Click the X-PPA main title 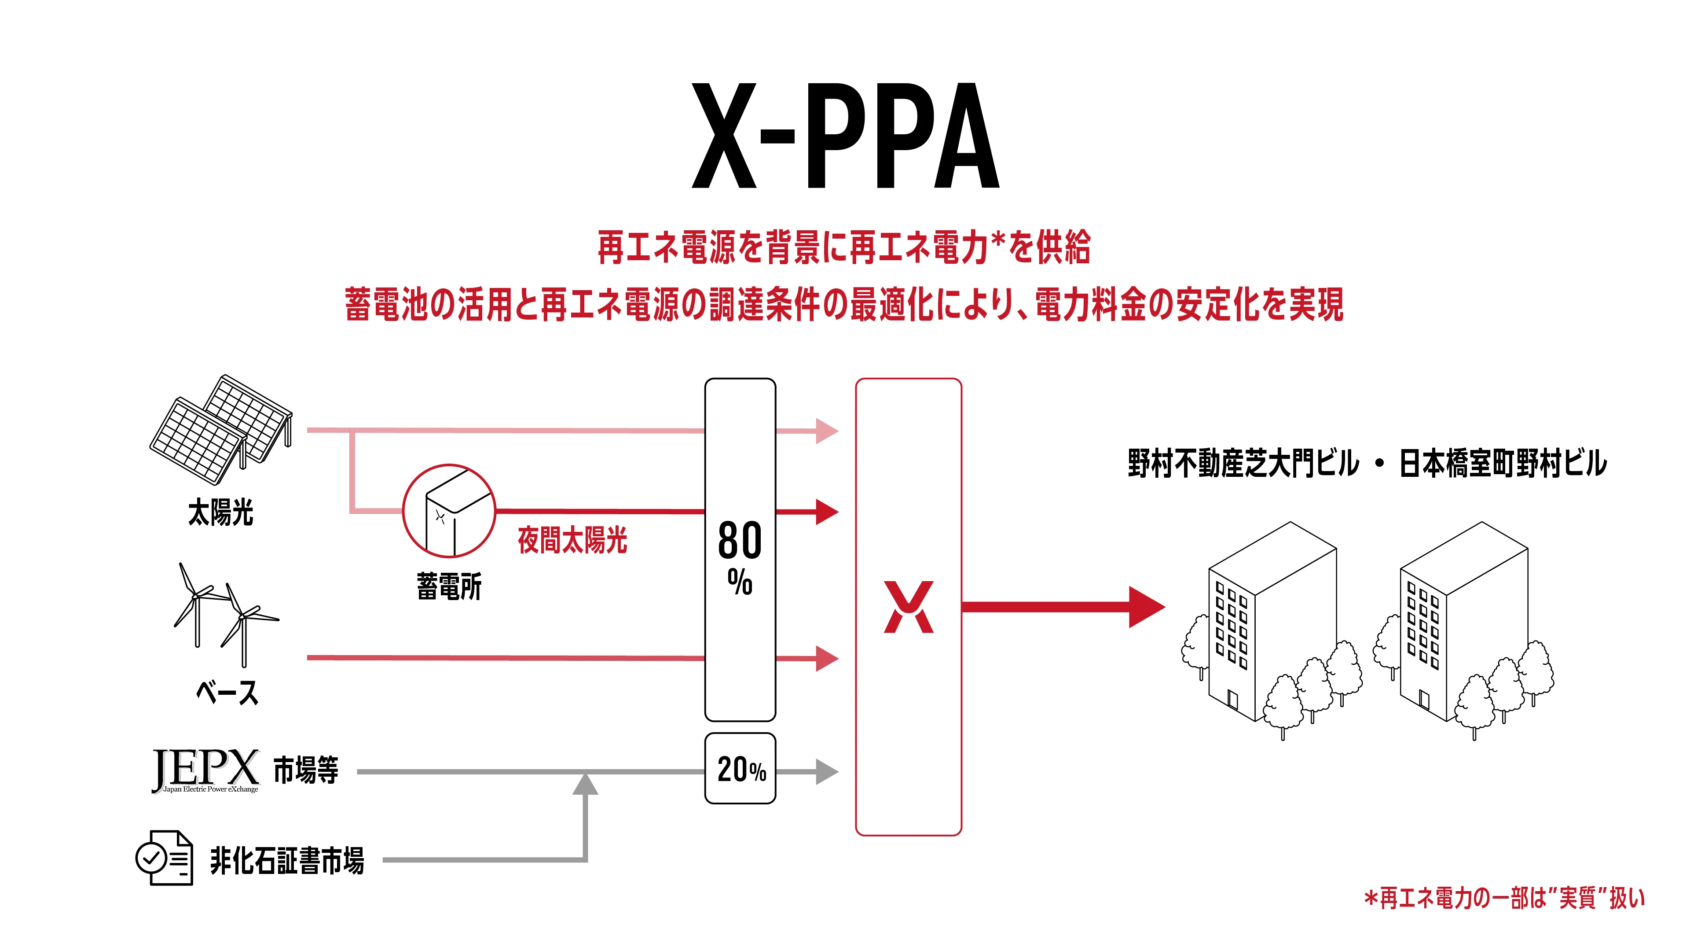click(x=846, y=136)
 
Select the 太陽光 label click(x=220, y=512)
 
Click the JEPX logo click(x=206, y=770)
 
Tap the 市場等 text click(x=306, y=770)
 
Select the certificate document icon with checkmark click(x=164, y=858)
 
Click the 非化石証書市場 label click(x=287, y=860)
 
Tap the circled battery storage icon click(x=449, y=511)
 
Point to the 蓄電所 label click(x=449, y=586)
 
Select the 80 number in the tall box click(x=740, y=540)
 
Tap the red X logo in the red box click(x=909, y=607)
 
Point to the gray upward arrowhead click(x=585, y=784)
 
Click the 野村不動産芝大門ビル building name click(x=1244, y=463)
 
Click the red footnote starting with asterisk click(x=1504, y=898)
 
